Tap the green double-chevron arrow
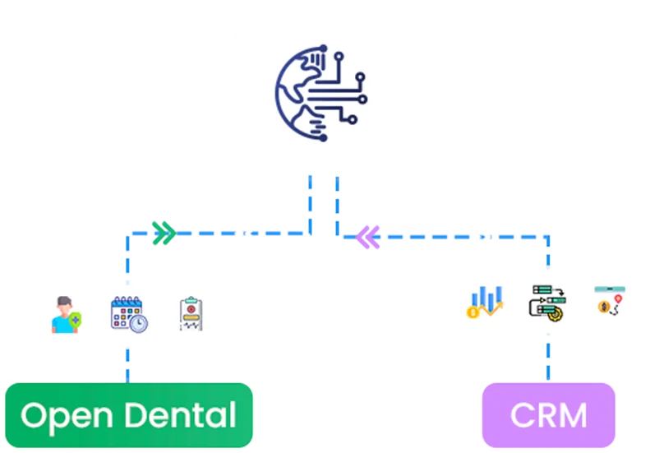164,233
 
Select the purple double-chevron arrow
367,238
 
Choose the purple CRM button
548,414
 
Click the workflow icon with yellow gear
546,302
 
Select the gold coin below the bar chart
473,312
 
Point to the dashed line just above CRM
546,362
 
